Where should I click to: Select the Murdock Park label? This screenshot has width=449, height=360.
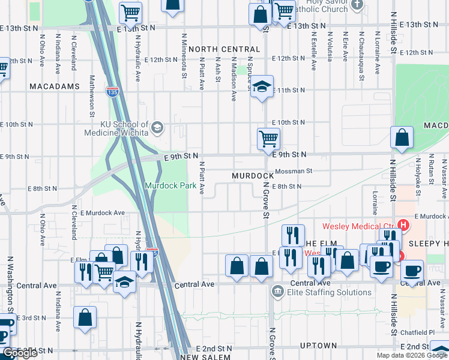tap(170, 185)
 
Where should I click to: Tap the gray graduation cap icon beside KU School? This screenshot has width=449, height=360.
tap(157, 127)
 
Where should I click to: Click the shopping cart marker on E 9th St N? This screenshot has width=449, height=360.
tap(268, 139)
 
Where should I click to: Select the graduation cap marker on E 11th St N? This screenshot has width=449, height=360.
tap(262, 87)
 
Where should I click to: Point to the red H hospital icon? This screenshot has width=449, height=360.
tap(403, 226)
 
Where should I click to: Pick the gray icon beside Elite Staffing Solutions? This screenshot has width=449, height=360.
tap(278, 293)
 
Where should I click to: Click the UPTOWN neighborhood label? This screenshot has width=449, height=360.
tap(318, 346)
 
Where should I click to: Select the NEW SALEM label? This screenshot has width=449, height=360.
tap(205, 357)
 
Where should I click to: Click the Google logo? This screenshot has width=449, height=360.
tap(20, 353)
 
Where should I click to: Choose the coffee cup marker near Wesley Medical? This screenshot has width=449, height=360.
tap(381, 266)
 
